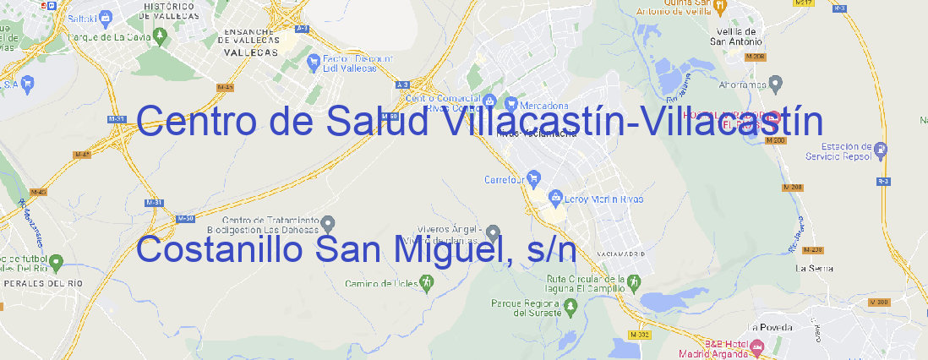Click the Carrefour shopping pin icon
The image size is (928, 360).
click(535, 178)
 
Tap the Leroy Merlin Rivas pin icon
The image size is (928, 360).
click(555, 199)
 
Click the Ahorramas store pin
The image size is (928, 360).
click(776, 83)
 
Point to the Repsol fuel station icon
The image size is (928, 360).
click(882, 150)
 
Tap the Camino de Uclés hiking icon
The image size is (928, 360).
click(426, 283)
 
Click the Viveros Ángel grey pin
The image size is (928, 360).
click(494, 231)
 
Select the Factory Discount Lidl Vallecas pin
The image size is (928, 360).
click(314, 61)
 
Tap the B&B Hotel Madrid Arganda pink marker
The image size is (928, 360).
click(757, 346)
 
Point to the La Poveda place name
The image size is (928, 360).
click(770, 327)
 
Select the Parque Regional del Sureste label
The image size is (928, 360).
click(526, 307)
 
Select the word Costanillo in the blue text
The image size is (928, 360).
click(218, 250)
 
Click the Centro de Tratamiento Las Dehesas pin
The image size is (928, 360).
click(329, 223)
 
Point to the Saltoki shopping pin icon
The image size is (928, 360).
click(106, 16)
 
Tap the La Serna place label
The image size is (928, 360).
click(816, 268)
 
